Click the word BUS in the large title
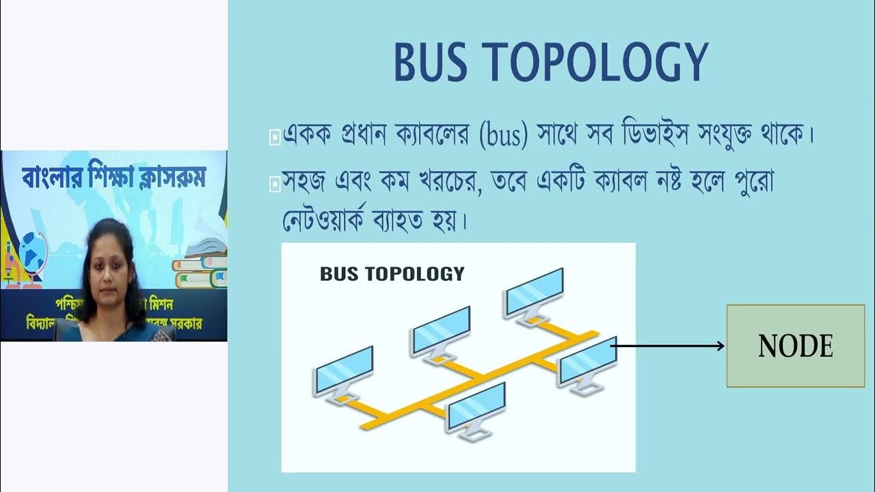pos(430,63)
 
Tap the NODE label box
pos(796,346)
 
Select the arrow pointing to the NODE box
pos(667,346)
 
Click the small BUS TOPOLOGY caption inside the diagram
pos(392,274)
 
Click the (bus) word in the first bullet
pos(504,135)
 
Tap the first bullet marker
pos(275,137)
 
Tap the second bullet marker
pos(275,184)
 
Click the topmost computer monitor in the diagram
pos(535,291)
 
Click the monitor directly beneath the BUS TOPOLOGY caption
pos(441,330)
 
